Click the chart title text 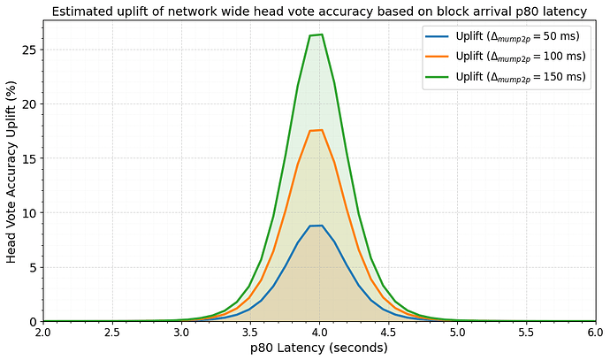[x=319, y=11]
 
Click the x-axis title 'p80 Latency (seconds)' [x=319, y=348]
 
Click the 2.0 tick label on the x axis [x=43, y=333]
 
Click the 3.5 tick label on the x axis [x=250, y=333]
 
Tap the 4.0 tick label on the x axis [x=319, y=333]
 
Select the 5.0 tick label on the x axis [x=457, y=333]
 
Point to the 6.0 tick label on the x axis [x=595, y=333]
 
